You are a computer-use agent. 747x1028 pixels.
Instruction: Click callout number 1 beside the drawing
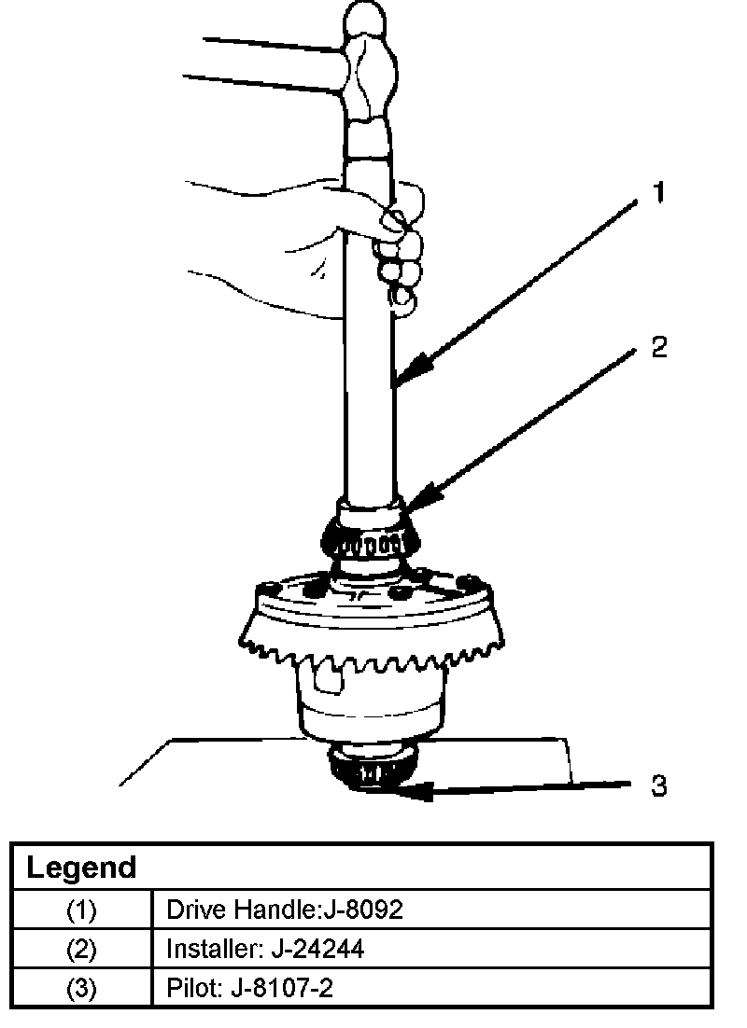pos(658,193)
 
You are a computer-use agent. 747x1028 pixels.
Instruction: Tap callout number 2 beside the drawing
pos(658,347)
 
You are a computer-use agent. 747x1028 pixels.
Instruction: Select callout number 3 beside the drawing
pos(658,785)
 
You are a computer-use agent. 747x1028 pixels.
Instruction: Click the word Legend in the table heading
pos(80,868)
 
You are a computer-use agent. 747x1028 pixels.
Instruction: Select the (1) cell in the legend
pos(81,909)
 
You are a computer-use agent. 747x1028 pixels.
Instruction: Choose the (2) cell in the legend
pos(81,949)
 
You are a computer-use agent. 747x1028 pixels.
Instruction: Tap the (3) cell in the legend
pos(81,988)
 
